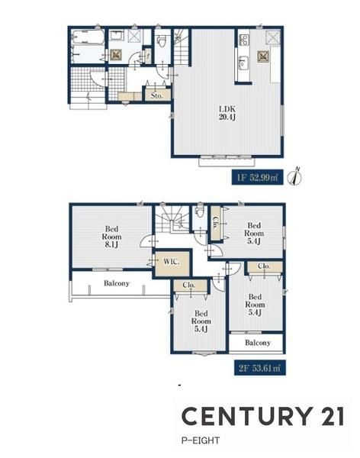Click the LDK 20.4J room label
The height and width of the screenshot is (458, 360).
click(227, 113)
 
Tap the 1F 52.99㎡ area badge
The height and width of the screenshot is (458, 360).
click(258, 177)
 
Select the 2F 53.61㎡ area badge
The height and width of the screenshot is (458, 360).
click(260, 367)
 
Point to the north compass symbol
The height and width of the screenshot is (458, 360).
click(294, 176)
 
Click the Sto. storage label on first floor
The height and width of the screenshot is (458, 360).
click(157, 95)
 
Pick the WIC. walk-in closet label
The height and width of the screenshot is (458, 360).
click(172, 261)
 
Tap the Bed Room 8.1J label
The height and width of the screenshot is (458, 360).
click(111, 237)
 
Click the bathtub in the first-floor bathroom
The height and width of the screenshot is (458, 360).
click(88, 37)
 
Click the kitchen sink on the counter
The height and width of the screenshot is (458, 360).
click(243, 63)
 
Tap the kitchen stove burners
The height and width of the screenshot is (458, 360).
click(244, 40)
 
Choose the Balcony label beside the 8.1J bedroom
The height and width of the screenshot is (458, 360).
click(117, 283)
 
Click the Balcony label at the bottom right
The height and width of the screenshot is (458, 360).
click(258, 342)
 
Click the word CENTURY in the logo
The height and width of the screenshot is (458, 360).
click(246, 416)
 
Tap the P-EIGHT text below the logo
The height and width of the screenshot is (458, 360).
click(201, 440)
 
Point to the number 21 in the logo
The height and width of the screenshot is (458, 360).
click(332, 416)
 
